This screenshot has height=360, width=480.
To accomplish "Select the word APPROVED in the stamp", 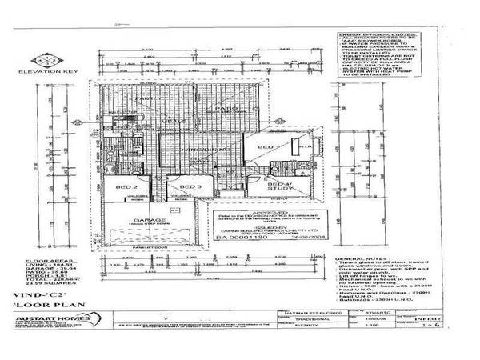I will [256, 213].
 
